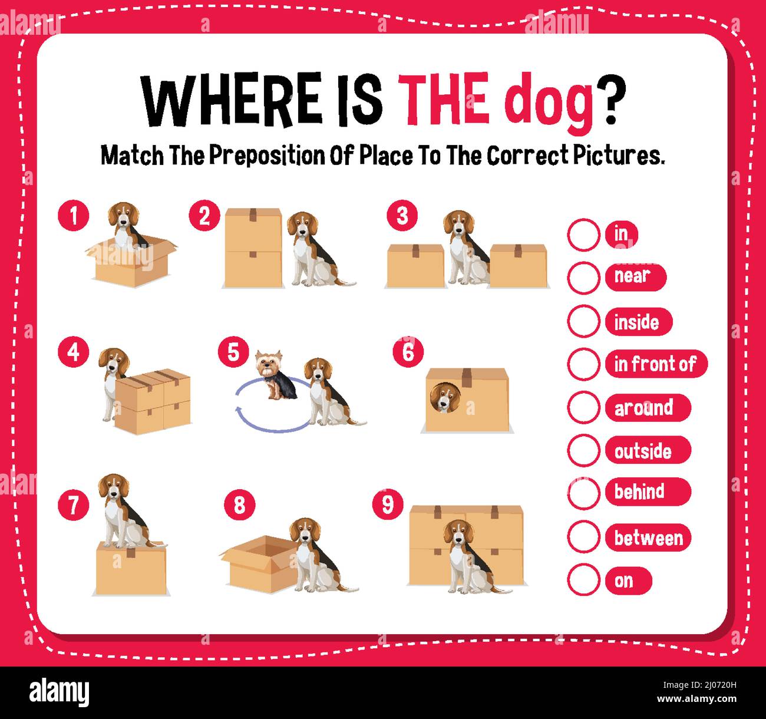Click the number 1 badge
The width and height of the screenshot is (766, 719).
74,216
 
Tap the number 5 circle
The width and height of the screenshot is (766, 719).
233,352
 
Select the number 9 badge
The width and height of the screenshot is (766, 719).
388,504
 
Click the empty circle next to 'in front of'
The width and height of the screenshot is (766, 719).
583,364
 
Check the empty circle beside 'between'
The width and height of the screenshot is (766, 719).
583,537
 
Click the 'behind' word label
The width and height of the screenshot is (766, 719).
647,492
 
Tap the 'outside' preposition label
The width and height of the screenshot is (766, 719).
647,451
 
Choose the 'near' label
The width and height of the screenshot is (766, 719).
635,276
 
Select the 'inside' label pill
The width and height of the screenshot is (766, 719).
638,322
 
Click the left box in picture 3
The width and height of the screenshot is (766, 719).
415,266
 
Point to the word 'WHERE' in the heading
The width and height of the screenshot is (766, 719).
230,98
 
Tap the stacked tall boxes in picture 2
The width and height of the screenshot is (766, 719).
253,248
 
